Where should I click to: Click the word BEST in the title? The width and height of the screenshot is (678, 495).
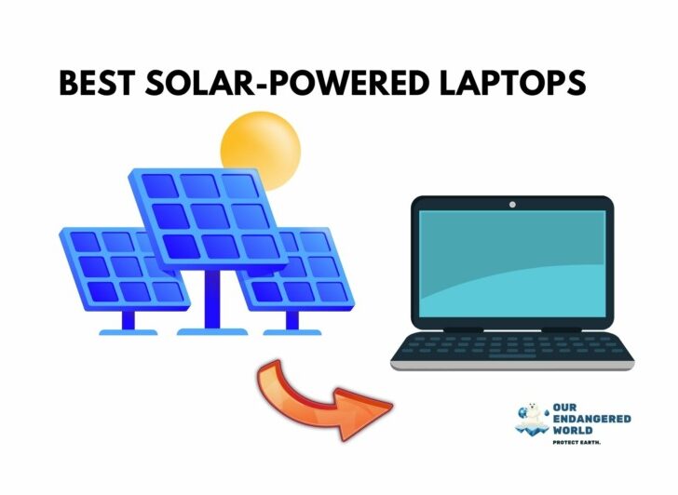pyautogui.click(x=97, y=83)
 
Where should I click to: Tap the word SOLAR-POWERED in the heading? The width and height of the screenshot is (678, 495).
pyautogui.click(x=286, y=83)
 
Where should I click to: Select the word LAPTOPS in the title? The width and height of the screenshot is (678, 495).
pyautogui.click(x=512, y=83)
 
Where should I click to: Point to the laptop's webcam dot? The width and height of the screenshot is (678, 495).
pyautogui.click(x=512, y=205)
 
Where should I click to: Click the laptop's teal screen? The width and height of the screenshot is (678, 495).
pyautogui.click(x=512, y=264)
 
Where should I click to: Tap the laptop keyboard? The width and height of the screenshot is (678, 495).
pyautogui.click(x=512, y=347)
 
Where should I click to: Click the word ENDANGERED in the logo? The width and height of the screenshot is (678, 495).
pyautogui.click(x=592, y=419)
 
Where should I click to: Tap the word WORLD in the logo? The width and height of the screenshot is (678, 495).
pyautogui.click(x=573, y=430)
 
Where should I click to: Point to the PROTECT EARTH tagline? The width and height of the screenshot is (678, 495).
pyautogui.click(x=576, y=442)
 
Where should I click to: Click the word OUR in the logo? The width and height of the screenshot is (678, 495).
pyautogui.click(x=564, y=408)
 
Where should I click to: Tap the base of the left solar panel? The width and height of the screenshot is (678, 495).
pyautogui.click(x=129, y=332)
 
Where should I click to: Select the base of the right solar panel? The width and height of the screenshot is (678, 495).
pyautogui.click(x=292, y=332)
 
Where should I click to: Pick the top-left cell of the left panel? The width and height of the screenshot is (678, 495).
pyautogui.click(x=85, y=242)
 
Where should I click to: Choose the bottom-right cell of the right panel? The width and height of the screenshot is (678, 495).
pyautogui.click(x=332, y=292)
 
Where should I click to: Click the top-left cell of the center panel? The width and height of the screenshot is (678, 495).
pyautogui.click(x=159, y=186)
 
